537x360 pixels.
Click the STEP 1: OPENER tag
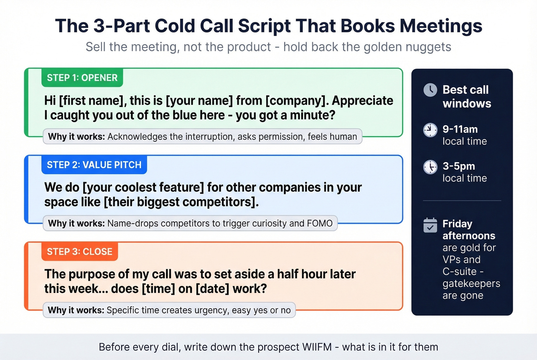[82, 78]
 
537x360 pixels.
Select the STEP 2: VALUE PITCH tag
[94, 165]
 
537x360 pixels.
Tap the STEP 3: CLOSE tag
[79, 252]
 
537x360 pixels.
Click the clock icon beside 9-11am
[430, 130]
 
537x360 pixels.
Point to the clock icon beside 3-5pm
[430, 167]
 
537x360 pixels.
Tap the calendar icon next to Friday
[430, 225]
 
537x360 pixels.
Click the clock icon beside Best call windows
[430, 90]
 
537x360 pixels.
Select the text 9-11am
[460, 129]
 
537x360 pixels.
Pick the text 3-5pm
[459, 166]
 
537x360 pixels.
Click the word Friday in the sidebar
[457, 224]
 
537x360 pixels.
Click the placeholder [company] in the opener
[297, 100]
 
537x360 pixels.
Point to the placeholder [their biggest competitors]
[181, 202]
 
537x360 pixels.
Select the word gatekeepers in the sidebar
[471, 284]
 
